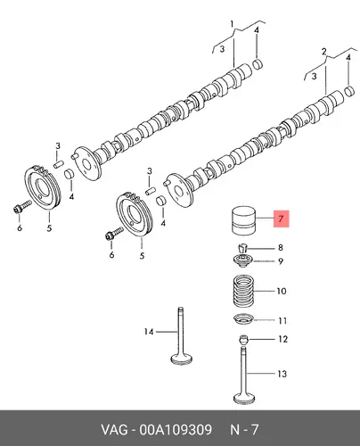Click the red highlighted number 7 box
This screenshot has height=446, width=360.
[x=281, y=219]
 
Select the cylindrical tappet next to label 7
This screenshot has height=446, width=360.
[x=243, y=221]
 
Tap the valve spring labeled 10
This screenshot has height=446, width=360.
[x=244, y=292]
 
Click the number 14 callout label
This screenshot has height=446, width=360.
[x=149, y=331]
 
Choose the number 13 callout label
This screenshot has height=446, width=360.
[x=282, y=374]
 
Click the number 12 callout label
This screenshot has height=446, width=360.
[x=283, y=339]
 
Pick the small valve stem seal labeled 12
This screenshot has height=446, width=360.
[x=243, y=339]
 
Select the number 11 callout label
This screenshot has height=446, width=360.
[x=282, y=321]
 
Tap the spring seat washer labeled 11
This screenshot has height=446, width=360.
[x=244, y=320]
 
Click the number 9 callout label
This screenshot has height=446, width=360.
[x=281, y=261]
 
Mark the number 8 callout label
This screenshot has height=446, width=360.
[x=280, y=247]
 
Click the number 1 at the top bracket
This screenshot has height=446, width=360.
[x=233, y=24]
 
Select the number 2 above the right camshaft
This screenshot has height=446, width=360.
[x=323, y=52]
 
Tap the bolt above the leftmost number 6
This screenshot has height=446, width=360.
[x=22, y=207]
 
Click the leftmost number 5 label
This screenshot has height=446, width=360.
[x=49, y=228]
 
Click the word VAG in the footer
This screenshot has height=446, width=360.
[x=114, y=430]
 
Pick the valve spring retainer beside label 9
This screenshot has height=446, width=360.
[x=243, y=260]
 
